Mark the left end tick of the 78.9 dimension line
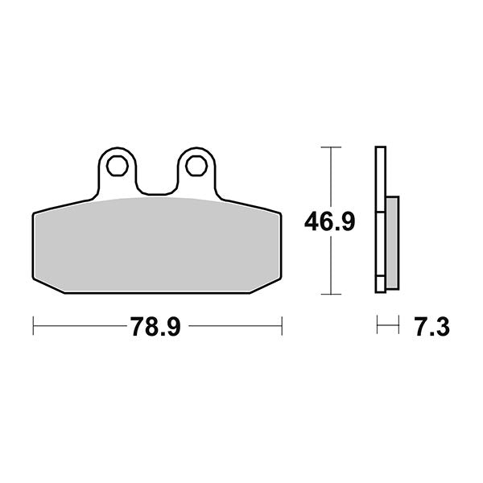[33, 327]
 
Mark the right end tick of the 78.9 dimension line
[281, 327]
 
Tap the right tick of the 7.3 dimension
[398, 327]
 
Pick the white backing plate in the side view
[381, 217]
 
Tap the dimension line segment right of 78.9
[233, 327]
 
